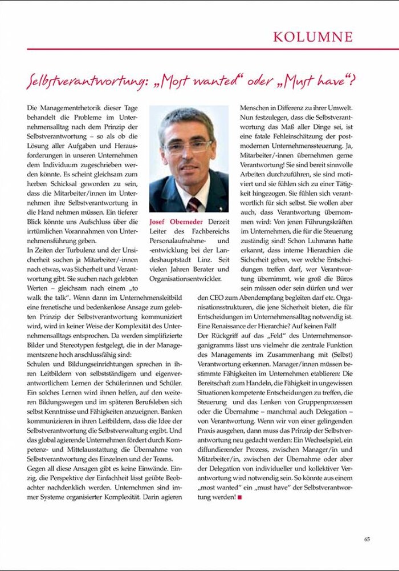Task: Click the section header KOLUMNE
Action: coord(312,37)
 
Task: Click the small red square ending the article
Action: coord(240,497)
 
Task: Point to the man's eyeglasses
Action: coord(188,146)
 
